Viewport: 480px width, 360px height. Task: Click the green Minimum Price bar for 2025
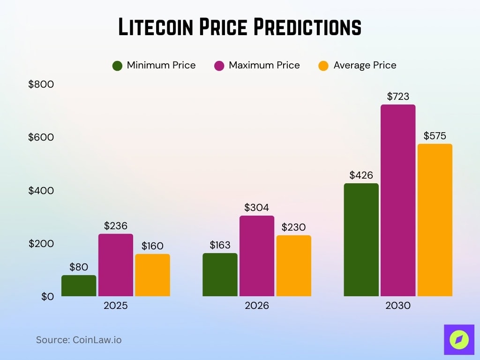coord(79,285)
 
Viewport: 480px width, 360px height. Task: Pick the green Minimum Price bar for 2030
coord(361,240)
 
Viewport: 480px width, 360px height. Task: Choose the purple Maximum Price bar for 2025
coord(116,265)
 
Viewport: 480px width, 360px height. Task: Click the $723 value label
coord(398,97)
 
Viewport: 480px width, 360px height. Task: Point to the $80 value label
coord(79,267)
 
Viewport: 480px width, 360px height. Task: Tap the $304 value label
coord(257,207)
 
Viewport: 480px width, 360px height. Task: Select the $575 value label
coord(435,136)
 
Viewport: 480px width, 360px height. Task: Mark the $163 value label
coord(220,245)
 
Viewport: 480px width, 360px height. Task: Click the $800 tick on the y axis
coord(41,84)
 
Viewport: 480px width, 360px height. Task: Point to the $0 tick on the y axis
coord(47,296)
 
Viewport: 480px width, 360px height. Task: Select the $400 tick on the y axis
coord(41,190)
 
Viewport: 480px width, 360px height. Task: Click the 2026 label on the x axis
coord(257,306)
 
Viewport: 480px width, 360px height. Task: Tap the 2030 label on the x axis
coord(398,306)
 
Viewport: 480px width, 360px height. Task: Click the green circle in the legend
coord(117,66)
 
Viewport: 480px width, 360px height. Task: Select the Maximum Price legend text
coord(264,66)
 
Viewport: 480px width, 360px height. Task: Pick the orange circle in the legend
coord(323,66)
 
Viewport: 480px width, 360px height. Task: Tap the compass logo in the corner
coord(459,339)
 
